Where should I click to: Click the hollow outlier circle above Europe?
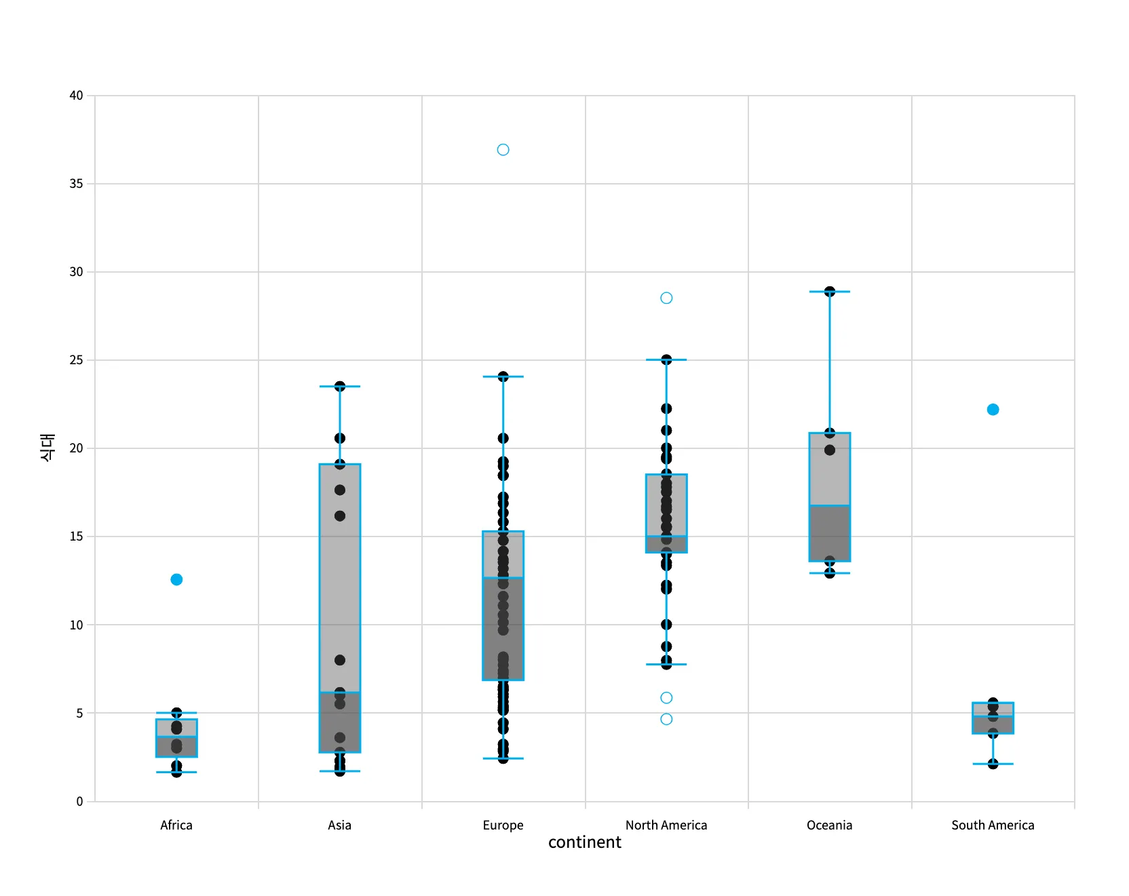pos(503,150)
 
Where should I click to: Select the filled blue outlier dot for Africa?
pos(176,579)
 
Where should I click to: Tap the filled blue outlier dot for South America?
pos(993,410)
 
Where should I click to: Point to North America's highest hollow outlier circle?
pos(666,298)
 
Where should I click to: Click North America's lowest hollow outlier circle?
pos(666,719)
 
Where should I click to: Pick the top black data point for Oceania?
pos(830,292)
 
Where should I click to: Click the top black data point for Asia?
pos(340,387)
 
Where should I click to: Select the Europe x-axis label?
pos(503,825)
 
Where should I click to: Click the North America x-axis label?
pos(666,825)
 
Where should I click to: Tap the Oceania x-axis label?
pos(829,825)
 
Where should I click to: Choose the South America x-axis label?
pos(993,825)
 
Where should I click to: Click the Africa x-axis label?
pos(176,825)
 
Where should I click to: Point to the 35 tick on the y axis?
pos(76,184)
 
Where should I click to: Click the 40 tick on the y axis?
pos(76,96)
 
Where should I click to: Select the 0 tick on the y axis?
pos(79,801)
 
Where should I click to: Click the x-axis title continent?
pos(584,842)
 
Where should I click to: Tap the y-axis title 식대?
pos(47,448)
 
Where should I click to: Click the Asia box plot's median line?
pos(340,693)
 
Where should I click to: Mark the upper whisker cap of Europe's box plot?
pos(503,376)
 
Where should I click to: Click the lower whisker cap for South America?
pos(993,764)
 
